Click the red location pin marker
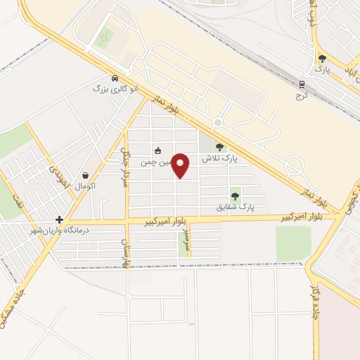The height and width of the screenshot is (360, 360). pos(181,166)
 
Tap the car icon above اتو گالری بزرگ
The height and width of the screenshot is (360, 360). pos(115,79)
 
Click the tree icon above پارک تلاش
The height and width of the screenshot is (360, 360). pos(219,147)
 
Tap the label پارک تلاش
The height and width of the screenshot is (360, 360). pos(220,159)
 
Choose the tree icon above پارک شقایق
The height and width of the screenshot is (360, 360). pos(235,195)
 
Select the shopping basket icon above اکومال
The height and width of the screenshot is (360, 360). pos(85,176)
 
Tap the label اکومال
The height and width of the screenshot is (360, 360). pos(84,186)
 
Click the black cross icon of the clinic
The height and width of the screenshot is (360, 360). pos(60,219)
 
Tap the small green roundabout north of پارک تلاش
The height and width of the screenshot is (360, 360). pos(218,123)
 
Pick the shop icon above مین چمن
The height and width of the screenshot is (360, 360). pos(158,150)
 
